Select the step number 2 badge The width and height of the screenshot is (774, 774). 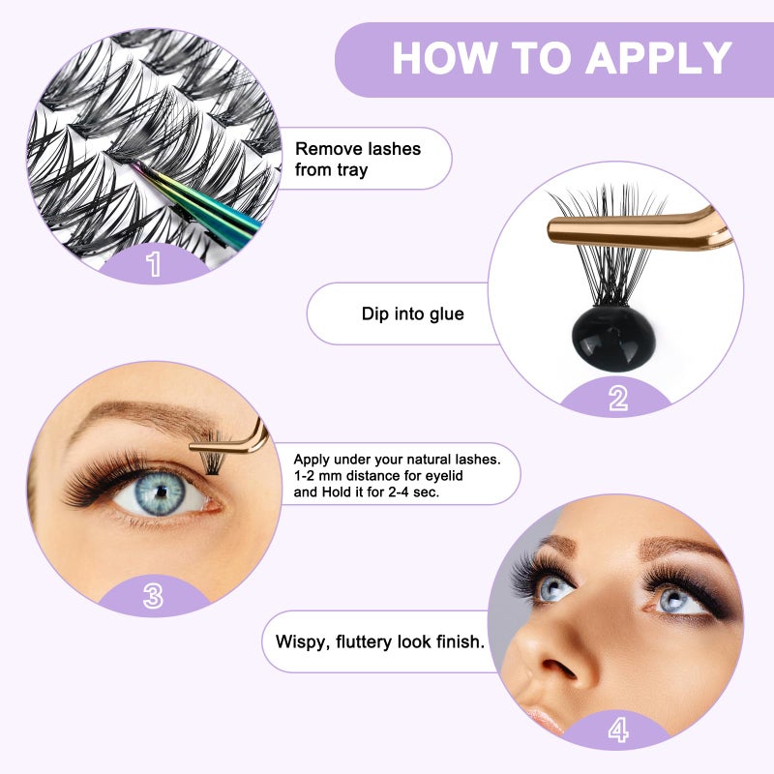tap(617, 398)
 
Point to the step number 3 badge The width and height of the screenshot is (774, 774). tap(153, 596)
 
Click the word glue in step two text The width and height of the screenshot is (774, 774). tap(442, 313)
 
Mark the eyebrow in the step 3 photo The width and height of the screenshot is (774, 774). tap(145, 418)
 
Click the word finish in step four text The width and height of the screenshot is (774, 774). tap(454, 640)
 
